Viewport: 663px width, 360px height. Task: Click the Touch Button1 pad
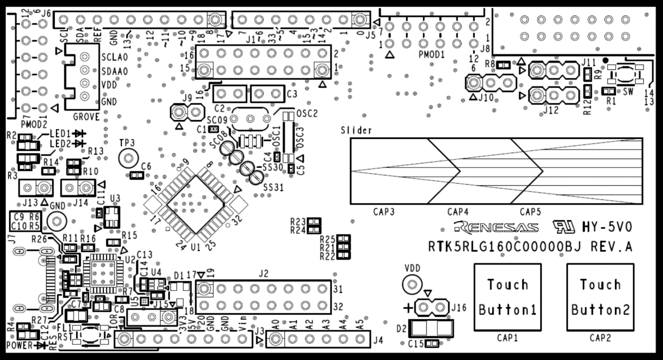coord(508,296)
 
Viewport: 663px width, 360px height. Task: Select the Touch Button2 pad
coord(600,296)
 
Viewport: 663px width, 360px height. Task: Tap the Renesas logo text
coord(497,227)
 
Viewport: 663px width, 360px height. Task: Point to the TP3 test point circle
coord(128,159)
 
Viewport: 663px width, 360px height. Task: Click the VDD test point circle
coord(412,286)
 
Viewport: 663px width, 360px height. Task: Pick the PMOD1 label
coord(431,56)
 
